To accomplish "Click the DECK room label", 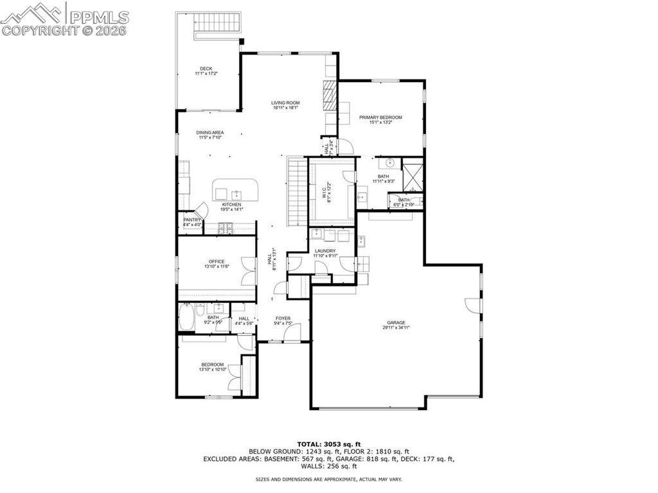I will (206, 69).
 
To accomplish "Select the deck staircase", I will (218, 23).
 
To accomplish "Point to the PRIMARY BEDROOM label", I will (380, 117).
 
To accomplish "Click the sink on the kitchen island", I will (236, 193).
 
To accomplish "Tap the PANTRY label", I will (192, 220).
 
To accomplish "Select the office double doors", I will (247, 270).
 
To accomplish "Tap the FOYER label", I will (283, 318).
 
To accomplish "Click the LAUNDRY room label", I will (325, 251).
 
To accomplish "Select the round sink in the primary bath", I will (390, 163).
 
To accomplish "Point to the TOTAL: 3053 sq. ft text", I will (329, 444).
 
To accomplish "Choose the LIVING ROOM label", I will (285, 103).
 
